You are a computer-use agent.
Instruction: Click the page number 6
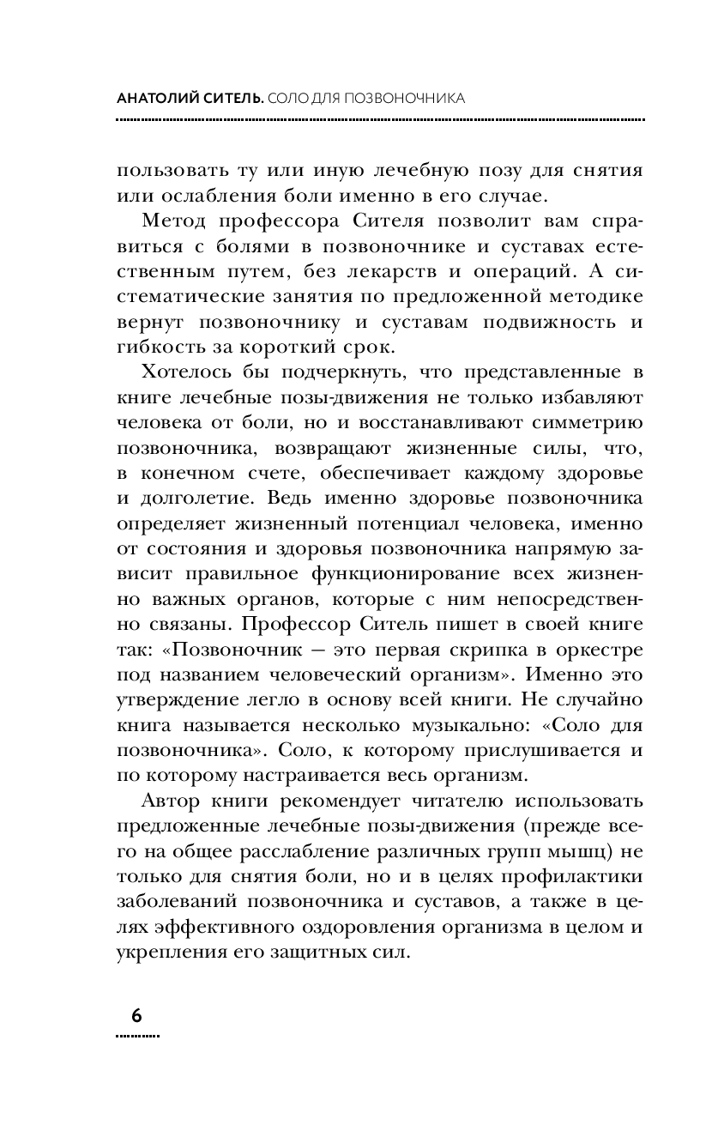point(136,1014)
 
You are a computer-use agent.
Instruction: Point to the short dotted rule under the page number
point(136,1035)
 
